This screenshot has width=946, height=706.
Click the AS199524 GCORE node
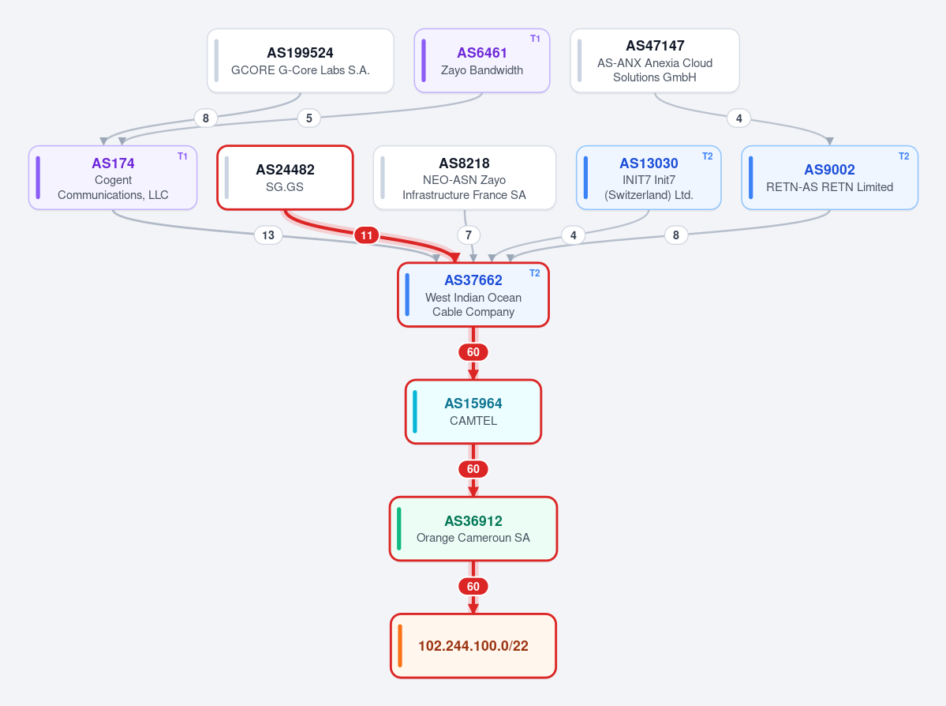point(301,61)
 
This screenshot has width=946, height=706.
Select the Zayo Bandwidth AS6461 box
point(482,61)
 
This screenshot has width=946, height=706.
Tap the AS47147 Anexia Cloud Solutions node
point(655,61)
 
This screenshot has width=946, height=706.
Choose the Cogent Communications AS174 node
point(113,178)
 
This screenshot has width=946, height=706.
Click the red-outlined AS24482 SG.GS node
point(285,178)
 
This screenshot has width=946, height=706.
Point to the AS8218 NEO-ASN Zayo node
point(465,178)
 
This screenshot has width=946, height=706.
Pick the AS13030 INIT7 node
point(649,178)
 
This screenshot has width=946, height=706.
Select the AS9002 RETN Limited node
point(829,178)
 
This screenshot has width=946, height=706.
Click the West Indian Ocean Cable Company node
point(473,295)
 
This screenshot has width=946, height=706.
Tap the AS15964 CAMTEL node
point(473,412)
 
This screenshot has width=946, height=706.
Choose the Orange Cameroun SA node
point(473,529)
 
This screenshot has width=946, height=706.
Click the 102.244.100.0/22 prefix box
point(473,646)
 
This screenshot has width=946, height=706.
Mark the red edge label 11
point(367,235)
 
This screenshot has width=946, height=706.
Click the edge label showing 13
point(268,235)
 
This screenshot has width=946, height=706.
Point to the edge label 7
point(469,235)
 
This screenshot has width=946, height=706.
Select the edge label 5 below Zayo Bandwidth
point(309,118)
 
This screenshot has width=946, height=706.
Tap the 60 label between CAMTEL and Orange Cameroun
point(473,469)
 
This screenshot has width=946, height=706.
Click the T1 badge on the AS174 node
point(182,156)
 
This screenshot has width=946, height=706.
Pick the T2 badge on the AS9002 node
point(903,156)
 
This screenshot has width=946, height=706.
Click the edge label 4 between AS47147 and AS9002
point(739,118)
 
